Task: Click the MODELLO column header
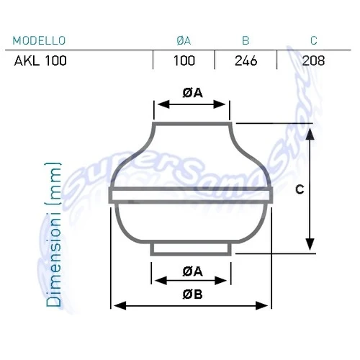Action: (x=39, y=40)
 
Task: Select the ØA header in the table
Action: (x=184, y=40)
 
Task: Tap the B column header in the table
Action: (x=246, y=40)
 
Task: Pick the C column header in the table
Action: (x=313, y=40)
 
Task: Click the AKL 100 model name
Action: (x=40, y=60)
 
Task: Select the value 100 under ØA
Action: (x=184, y=60)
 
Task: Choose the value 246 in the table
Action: (x=246, y=60)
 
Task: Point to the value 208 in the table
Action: (x=313, y=60)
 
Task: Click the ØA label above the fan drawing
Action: (x=192, y=93)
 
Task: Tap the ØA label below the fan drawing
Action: (x=192, y=271)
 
